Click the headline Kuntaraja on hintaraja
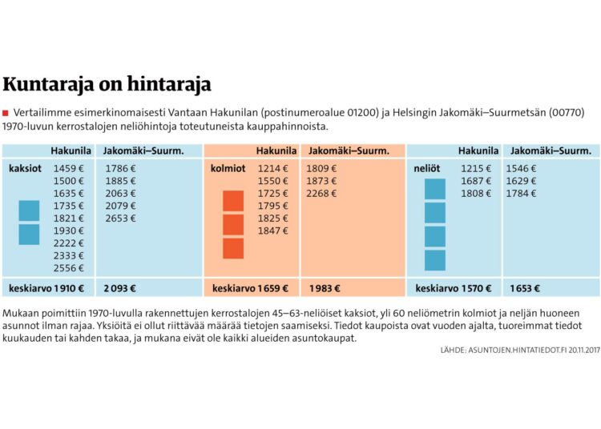(x=107, y=84)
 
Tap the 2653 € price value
(x=121, y=219)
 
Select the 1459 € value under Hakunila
(x=68, y=169)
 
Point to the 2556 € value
(x=68, y=268)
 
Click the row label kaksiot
(x=25, y=169)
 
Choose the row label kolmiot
(x=228, y=169)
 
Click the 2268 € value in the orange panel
(x=322, y=194)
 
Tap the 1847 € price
(x=273, y=231)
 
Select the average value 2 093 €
(x=121, y=288)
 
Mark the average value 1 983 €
(x=323, y=288)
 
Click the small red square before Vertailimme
(x=6, y=111)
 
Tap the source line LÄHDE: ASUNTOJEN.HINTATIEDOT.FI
(x=519, y=351)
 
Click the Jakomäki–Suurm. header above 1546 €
(x=551, y=150)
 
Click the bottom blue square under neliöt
(x=435, y=260)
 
